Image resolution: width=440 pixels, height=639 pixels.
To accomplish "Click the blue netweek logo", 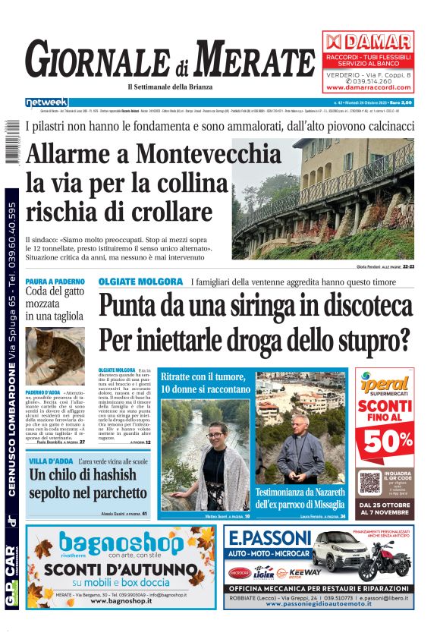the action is tap(46, 102).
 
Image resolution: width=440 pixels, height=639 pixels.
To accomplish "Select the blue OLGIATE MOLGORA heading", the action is tap(141, 282).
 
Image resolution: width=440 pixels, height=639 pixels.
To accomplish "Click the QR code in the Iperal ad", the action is tap(369, 483).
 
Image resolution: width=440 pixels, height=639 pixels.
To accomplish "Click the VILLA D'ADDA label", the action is tap(51, 461).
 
